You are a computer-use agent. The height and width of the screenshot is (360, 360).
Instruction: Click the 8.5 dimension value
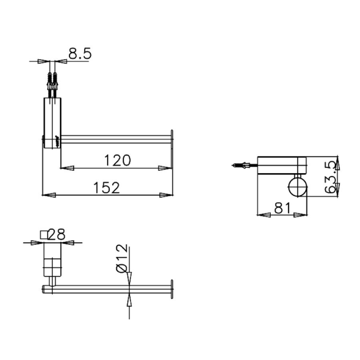coord(80,54)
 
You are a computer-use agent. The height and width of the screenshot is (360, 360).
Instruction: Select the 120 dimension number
coord(117,160)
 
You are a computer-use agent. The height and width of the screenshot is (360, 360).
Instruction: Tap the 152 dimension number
coord(106,187)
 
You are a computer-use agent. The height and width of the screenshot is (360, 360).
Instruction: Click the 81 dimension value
coord(282,207)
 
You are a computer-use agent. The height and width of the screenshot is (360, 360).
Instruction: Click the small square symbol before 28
coord(44,234)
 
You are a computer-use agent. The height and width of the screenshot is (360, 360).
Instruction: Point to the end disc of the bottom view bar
coord(172,289)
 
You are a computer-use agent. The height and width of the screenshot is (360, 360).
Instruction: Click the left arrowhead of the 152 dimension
coord(48,195)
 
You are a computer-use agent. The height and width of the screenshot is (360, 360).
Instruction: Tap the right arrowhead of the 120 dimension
coord(164,168)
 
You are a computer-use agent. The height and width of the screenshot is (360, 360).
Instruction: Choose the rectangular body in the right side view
coord(282,165)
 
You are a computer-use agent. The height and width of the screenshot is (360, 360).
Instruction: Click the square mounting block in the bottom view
coord(52,266)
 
